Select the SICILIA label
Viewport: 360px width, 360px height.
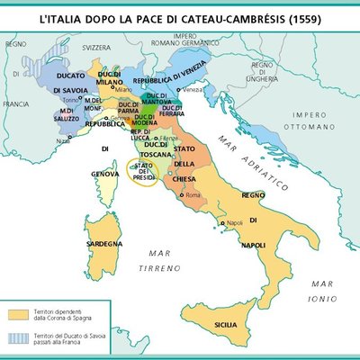(226, 323)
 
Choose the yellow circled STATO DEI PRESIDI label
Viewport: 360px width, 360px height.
(145, 174)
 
